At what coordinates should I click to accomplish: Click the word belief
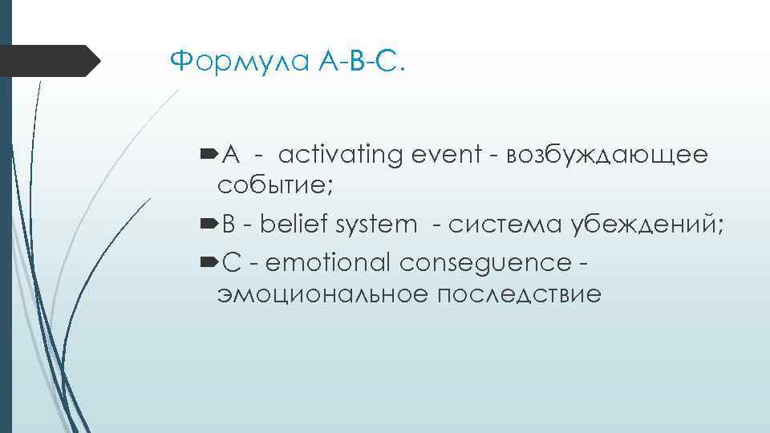(x=294, y=225)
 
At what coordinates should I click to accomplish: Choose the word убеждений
(x=647, y=225)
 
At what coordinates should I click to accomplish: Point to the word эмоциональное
(x=322, y=294)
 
